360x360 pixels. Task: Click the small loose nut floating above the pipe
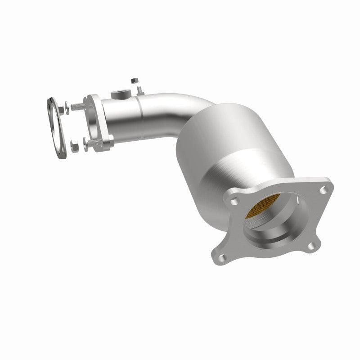click(x=133, y=81)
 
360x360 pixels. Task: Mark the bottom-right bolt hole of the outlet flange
click(x=311, y=246)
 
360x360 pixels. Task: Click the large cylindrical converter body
click(x=234, y=148)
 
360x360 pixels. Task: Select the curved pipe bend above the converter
click(x=175, y=108)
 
